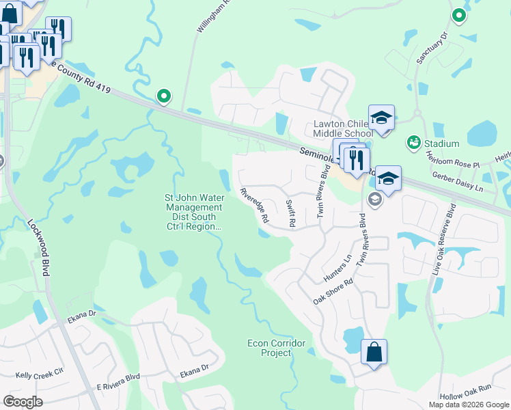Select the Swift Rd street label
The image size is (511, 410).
pyautogui.click(x=290, y=213)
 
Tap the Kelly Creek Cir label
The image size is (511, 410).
pyautogui.click(x=39, y=375)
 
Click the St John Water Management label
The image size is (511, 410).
pyautogui.click(x=193, y=213)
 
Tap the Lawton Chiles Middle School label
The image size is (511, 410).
pyautogui.click(x=343, y=128)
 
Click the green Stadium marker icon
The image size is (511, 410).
pyautogui.click(x=413, y=143)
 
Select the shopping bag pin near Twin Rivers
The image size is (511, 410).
pyautogui.click(x=374, y=353)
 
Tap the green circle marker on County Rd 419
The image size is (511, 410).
pyautogui.click(x=163, y=96)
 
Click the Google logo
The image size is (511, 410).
pyautogui.click(x=23, y=401)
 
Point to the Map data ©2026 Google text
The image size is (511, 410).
pyautogui.click(x=469, y=405)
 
